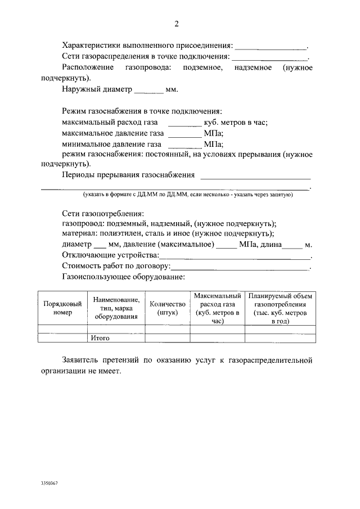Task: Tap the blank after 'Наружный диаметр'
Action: tap(149, 91)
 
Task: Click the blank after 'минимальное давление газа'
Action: tap(184, 145)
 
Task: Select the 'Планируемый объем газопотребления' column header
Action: tap(280, 308)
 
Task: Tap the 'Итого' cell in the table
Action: tap(100, 339)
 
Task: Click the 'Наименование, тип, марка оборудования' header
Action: tap(116, 308)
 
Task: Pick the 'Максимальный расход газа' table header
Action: tap(218, 308)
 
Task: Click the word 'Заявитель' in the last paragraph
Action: tap(81, 360)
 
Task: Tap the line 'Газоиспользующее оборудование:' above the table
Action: tap(123, 277)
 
